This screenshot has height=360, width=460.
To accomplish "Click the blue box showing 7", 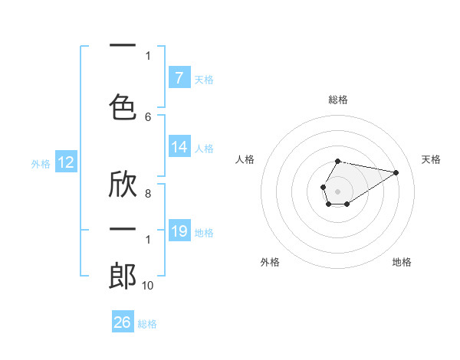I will [179, 77].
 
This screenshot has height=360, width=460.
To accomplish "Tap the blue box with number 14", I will [179, 147].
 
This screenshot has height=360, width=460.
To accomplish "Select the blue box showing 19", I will [179, 231].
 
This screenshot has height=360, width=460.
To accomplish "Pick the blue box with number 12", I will [65, 162].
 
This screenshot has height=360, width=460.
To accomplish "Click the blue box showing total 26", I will [123, 322].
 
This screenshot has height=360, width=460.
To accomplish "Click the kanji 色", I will [123, 106].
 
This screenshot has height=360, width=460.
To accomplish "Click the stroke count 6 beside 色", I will [148, 116].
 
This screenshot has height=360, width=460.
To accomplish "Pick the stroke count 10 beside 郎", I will [148, 286].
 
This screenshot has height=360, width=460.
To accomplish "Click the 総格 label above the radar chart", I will [337, 100].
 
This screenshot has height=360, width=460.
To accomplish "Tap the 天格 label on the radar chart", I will [431, 159].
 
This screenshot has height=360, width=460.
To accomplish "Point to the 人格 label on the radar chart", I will [245, 159].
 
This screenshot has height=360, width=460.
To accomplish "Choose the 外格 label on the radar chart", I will [270, 262].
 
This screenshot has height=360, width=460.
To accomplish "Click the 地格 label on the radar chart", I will [402, 262].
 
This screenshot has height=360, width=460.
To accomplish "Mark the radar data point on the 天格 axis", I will [396, 172].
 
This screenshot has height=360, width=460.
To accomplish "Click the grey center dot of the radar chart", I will [337, 190].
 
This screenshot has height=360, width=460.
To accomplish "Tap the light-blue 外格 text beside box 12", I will [41, 163].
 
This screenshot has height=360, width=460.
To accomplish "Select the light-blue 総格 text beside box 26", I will [147, 324].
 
